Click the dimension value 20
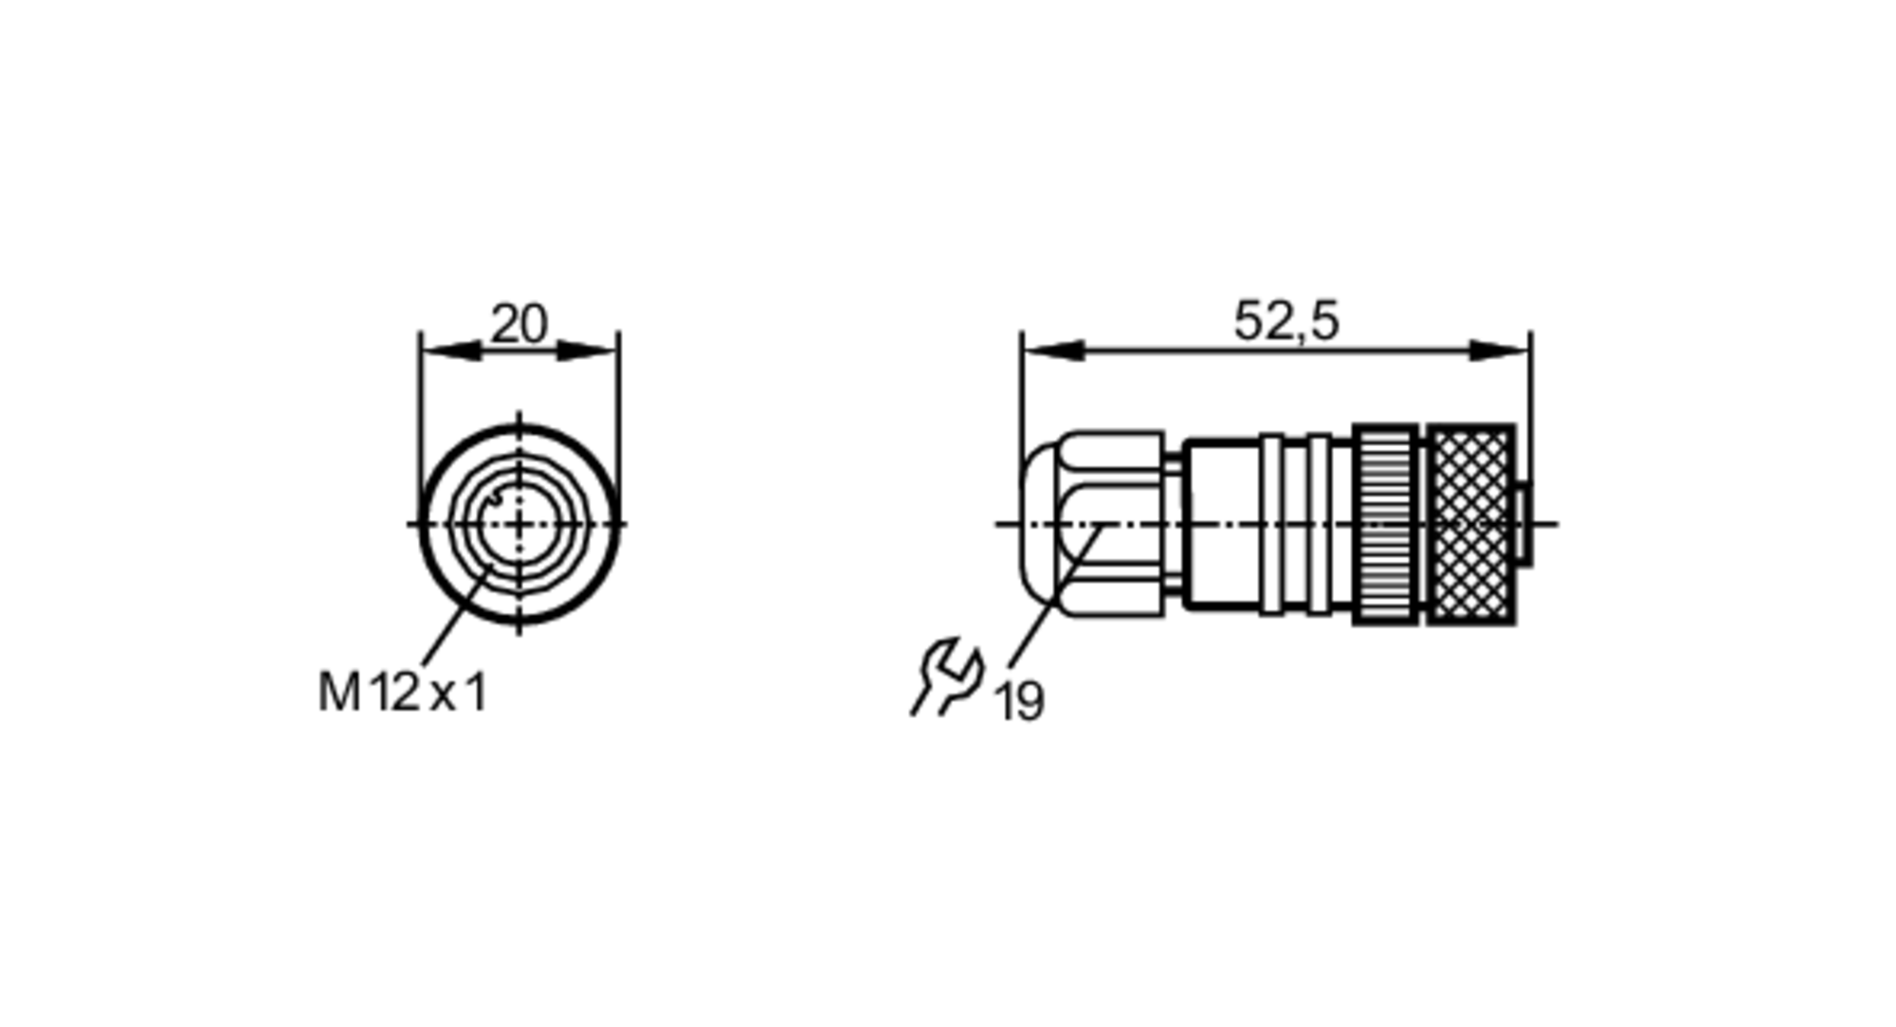519,324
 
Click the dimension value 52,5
1286,321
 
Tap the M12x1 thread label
403,692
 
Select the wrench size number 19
1019,702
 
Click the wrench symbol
947,676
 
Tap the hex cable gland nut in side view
1111,524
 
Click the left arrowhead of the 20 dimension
451,351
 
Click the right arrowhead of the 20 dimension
588,351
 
